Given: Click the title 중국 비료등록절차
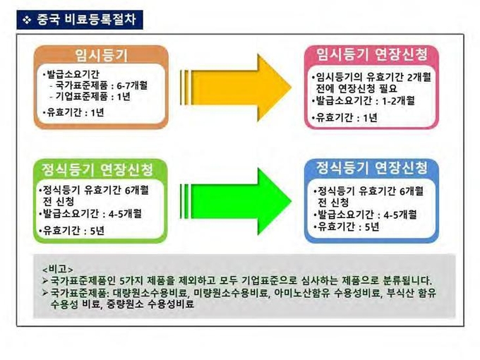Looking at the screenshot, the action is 86,20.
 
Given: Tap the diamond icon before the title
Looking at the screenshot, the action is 27,20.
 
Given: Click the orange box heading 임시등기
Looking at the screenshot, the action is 101,55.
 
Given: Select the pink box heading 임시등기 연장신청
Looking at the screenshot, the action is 372,54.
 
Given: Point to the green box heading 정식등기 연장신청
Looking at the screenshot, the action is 97,169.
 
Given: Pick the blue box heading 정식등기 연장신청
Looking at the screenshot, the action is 371,168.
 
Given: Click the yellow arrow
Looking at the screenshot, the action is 236,88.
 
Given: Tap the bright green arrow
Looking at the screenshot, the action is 236,201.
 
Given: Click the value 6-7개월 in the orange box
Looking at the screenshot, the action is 132,85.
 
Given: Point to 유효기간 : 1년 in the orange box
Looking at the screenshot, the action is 76,112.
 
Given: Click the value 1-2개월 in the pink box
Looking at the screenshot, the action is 398,101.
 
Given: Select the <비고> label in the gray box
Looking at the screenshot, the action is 58,270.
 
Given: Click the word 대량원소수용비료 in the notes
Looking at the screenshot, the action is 150,293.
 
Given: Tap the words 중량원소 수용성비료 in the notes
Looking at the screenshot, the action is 150,304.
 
